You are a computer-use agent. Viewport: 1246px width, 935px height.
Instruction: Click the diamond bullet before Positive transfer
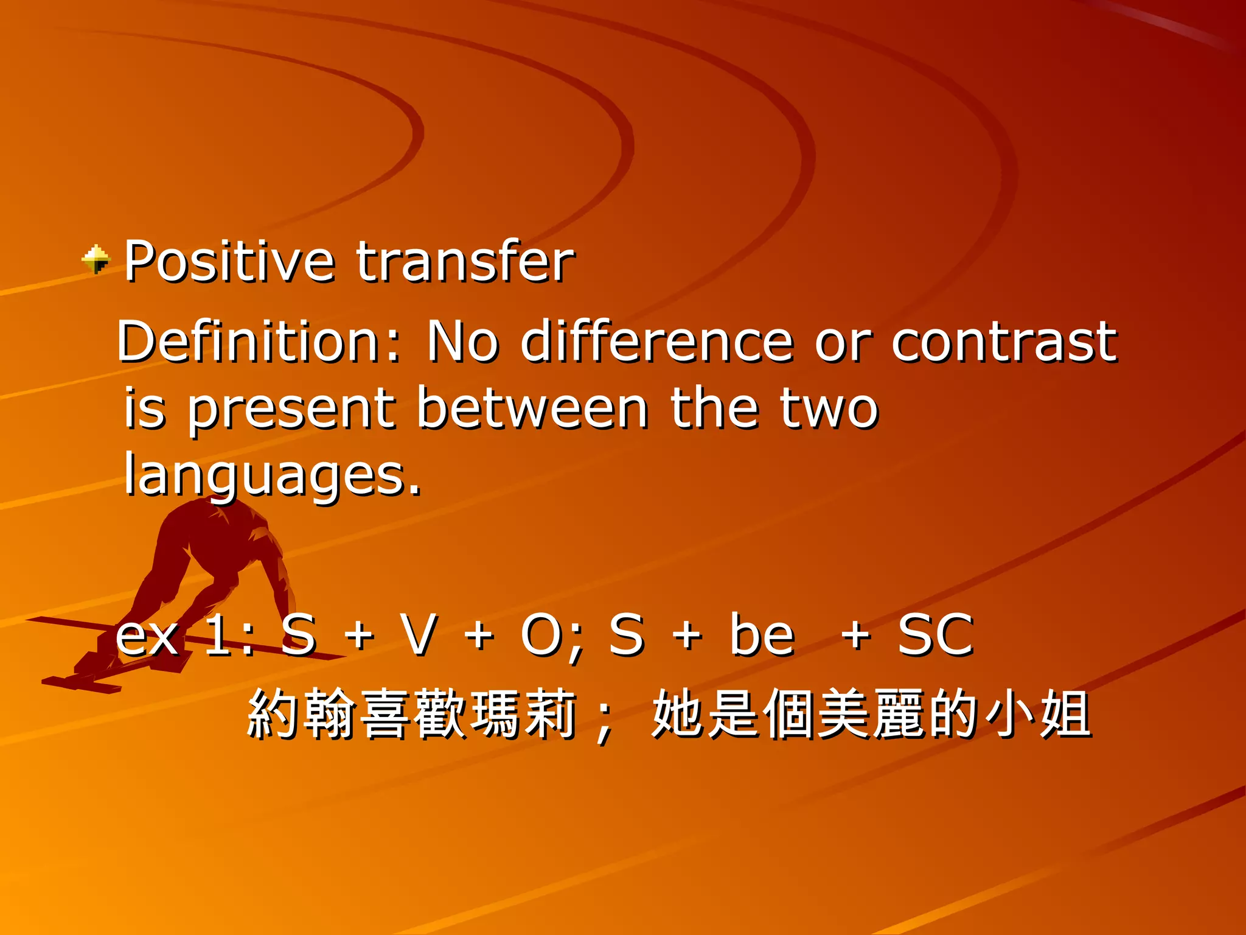(x=96, y=259)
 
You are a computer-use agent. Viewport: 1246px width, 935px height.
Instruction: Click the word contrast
(x=1004, y=342)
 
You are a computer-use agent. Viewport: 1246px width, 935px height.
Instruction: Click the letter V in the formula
(x=419, y=635)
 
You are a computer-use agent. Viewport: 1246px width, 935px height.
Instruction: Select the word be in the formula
(x=762, y=635)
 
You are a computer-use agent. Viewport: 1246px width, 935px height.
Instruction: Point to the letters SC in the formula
(x=936, y=635)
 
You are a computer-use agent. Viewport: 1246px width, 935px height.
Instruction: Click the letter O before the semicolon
(x=541, y=635)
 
